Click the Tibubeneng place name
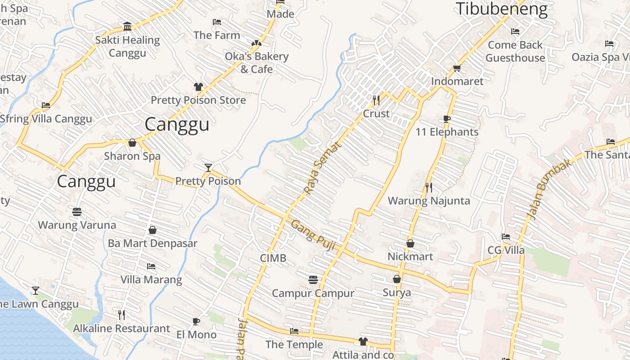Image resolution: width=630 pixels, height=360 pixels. [x=502, y=9]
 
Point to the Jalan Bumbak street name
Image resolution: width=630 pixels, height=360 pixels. [x=549, y=189]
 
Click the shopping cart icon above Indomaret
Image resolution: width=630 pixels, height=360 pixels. [x=457, y=68]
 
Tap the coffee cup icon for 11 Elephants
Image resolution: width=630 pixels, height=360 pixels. [x=446, y=119]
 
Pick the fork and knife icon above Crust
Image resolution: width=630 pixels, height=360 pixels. [x=376, y=100]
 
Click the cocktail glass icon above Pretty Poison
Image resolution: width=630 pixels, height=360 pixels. [x=208, y=168]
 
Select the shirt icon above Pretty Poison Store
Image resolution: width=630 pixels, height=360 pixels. [x=198, y=87]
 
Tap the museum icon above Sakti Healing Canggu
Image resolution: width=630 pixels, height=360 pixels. [x=127, y=27]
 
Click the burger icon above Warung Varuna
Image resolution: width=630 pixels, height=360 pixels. [x=77, y=211]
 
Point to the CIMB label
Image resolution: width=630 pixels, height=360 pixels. [x=273, y=258]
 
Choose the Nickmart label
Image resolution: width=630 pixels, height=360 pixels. [x=410, y=256]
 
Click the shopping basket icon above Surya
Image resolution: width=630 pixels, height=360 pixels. [x=397, y=279]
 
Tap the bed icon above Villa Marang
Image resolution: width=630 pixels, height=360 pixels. [x=151, y=266]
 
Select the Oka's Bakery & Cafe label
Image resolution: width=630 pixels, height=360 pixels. [x=256, y=63]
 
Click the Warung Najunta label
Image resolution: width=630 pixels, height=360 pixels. [x=429, y=201]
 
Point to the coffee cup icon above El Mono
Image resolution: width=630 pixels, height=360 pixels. [x=196, y=321]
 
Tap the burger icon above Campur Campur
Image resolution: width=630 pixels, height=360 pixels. [x=313, y=280]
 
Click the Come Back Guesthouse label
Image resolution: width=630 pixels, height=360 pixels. [x=515, y=51]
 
